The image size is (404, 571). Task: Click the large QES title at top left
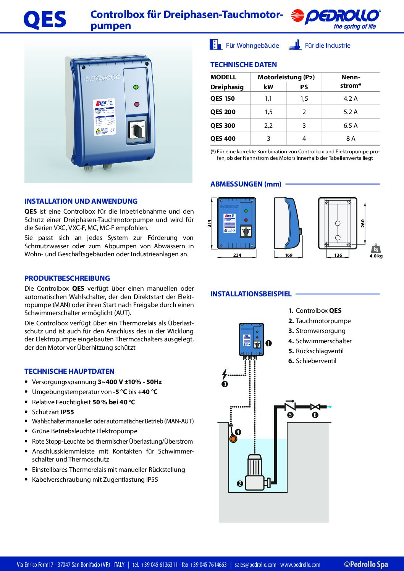click(x=45, y=20)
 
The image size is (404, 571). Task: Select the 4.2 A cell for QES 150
click(x=350, y=98)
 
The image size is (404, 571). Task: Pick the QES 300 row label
click(x=223, y=125)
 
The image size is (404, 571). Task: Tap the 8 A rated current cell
click(x=350, y=139)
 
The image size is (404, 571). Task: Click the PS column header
click(x=304, y=87)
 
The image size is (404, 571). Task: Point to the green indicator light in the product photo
click(x=136, y=87)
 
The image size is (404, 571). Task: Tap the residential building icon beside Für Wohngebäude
click(x=215, y=45)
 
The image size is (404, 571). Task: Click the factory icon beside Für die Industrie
click(x=294, y=45)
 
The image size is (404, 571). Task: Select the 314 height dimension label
click(x=209, y=223)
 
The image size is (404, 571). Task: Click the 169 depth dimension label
click(x=289, y=255)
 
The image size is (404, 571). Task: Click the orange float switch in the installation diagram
click(x=233, y=439)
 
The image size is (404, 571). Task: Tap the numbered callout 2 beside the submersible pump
click(x=240, y=484)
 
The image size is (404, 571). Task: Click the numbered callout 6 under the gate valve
click(x=315, y=415)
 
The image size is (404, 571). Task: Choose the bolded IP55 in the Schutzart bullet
click(x=67, y=412)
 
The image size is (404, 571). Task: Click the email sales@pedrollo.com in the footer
click(x=255, y=565)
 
